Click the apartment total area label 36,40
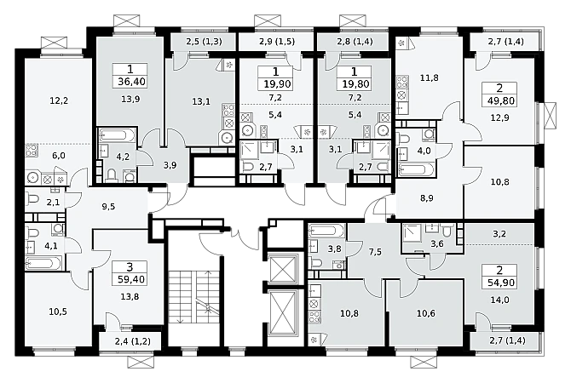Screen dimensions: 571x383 131,82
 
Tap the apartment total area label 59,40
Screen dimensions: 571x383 131,279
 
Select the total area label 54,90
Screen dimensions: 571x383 500,283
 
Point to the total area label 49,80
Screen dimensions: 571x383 501,100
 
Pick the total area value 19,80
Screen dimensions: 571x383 355,84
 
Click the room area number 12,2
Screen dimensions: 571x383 59,100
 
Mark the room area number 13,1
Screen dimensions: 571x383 201,101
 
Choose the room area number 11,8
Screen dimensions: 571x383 429,77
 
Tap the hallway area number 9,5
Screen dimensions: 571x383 108,207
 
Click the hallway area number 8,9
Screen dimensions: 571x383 426,198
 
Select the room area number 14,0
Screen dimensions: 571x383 499,300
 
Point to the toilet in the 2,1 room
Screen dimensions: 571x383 32,199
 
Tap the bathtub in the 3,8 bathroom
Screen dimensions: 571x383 326,231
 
